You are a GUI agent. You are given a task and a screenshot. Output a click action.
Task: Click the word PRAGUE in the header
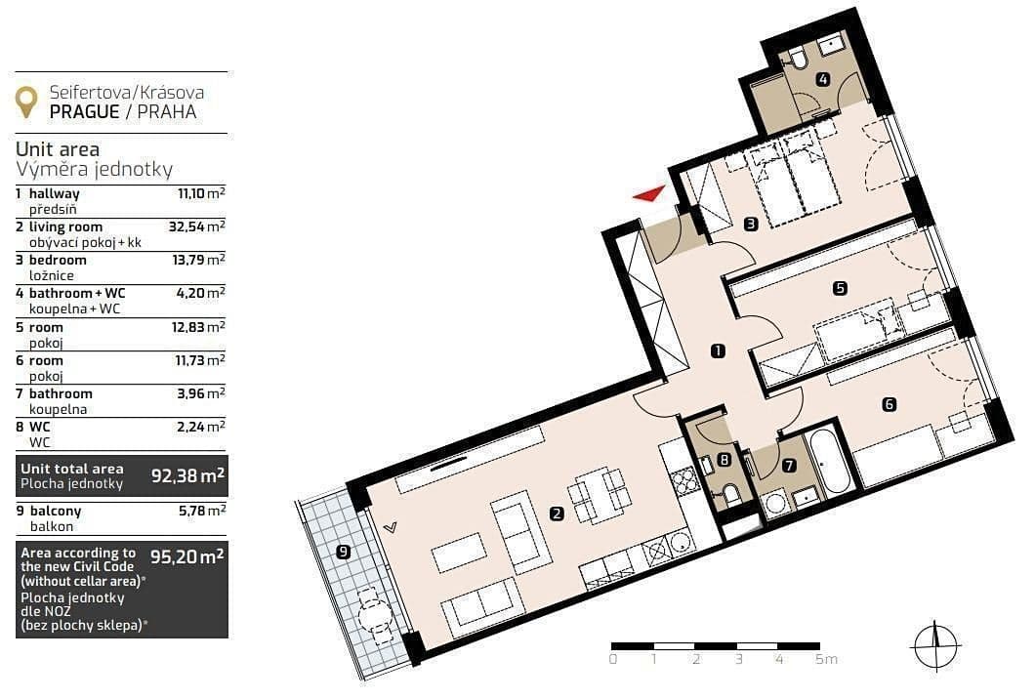(82, 111)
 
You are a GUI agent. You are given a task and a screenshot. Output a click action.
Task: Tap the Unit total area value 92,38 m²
(188, 476)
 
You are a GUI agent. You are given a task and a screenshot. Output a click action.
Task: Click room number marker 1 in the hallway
(718, 351)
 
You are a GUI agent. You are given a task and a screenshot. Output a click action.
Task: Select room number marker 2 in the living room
(557, 514)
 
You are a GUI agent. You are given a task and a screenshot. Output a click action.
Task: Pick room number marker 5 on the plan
(839, 287)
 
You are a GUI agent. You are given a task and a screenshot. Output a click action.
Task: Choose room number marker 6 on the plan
(889, 404)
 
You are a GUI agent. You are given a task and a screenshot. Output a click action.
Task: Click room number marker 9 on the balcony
(342, 552)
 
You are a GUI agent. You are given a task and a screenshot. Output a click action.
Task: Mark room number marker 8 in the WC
(724, 460)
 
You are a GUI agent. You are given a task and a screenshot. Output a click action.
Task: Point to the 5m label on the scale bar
(826, 660)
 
